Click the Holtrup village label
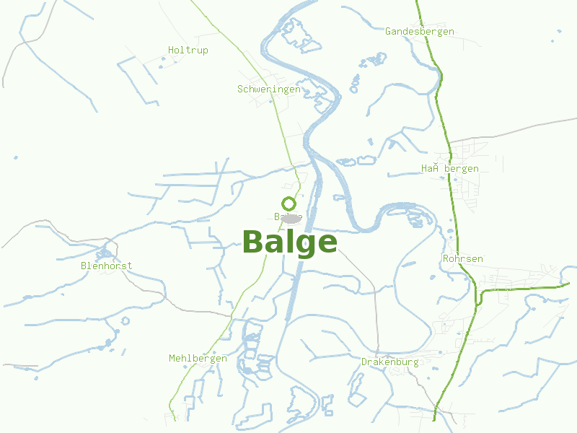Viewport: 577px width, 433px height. [188, 51]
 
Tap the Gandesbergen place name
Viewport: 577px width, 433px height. [419, 32]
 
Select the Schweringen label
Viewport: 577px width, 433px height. [268, 89]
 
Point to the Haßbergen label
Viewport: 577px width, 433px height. [449, 169]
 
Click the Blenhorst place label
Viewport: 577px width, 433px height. [106, 266]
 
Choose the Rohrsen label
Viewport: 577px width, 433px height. [462, 258]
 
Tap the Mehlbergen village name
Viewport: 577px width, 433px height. [198, 359]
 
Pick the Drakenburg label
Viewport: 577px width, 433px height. [389, 362]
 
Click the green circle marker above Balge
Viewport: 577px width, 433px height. [288, 204]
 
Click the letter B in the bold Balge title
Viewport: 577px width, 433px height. [252, 242]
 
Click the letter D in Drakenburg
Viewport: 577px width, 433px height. [364, 362]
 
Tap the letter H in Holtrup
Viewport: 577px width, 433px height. [172, 51]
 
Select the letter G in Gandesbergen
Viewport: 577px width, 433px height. [388, 32]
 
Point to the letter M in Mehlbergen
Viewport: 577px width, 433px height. [172, 359]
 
